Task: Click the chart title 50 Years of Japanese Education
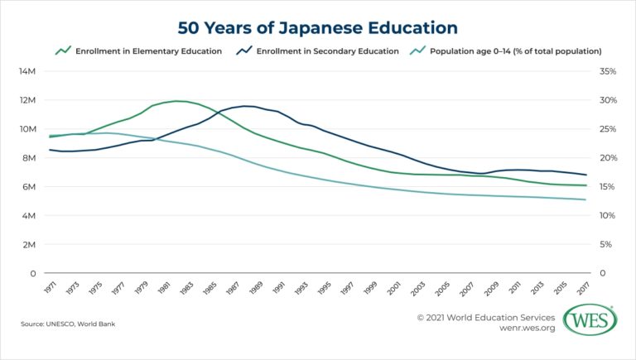click(x=318, y=27)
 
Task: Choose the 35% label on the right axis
click(x=607, y=71)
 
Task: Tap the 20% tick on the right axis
click(x=607, y=158)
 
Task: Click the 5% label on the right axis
click(x=605, y=245)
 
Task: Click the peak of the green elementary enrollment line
click(x=178, y=101)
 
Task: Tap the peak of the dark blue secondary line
click(x=247, y=106)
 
